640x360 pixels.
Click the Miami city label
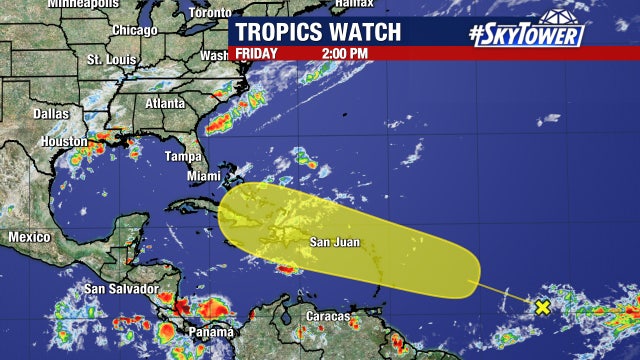coord(204,176)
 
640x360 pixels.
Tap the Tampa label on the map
coord(183,156)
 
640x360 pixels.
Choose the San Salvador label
coord(120,290)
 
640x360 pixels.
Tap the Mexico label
coord(29,237)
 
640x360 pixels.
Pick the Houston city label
coord(64,142)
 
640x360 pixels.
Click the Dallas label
coord(51,114)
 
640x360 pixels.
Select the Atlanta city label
coord(164,103)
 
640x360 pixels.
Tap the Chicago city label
coord(135,30)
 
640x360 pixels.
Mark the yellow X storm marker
coord(542,307)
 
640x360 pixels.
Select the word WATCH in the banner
coord(369,31)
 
